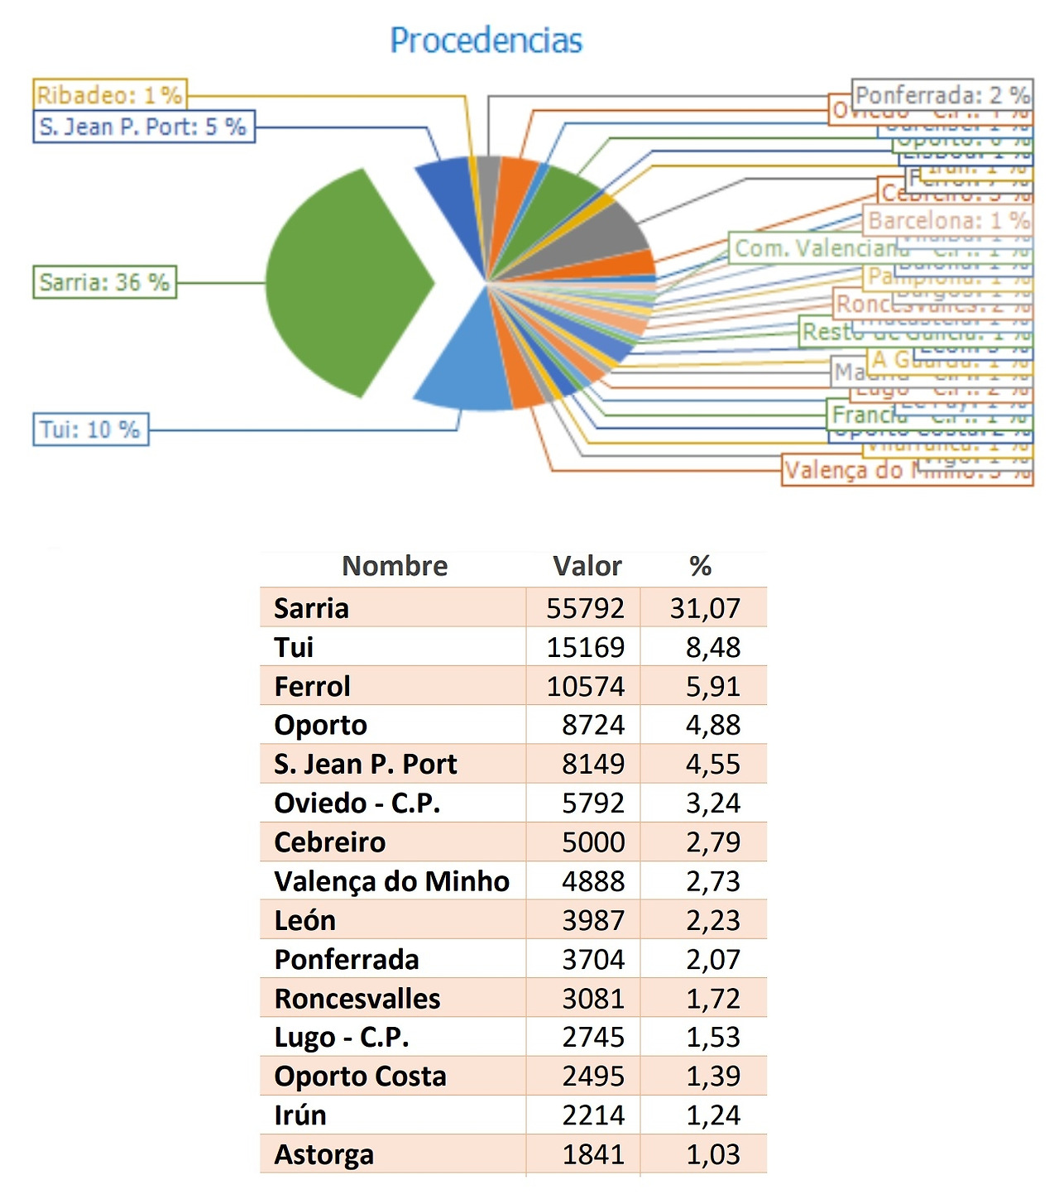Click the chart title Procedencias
(486, 41)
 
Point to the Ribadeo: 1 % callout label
(110, 94)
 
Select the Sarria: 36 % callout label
(104, 282)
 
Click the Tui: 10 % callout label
(90, 429)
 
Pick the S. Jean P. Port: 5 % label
(143, 127)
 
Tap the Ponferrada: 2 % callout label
(942, 95)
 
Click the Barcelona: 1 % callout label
(948, 220)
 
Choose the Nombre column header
(395, 566)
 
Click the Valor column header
(587, 566)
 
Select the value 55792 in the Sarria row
(585, 608)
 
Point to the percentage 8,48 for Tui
(712, 647)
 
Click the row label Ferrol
(312, 686)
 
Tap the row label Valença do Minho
(391, 881)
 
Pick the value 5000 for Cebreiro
(593, 842)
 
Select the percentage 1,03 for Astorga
(712, 1154)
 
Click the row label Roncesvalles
(357, 999)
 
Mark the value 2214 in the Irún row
(593, 1115)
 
